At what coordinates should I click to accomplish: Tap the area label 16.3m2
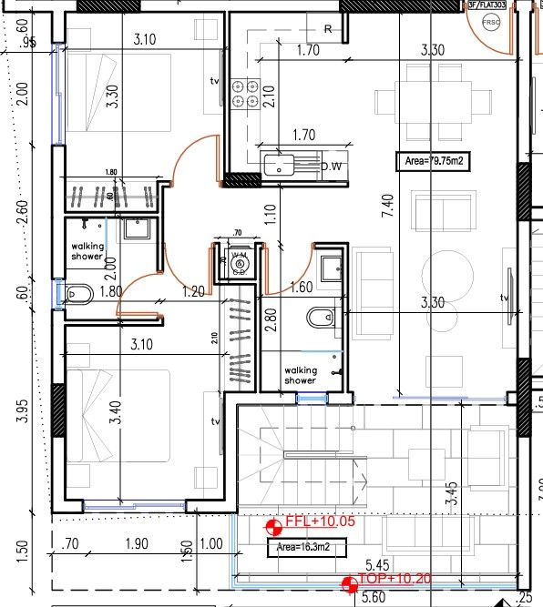pyautogui.click(x=298, y=549)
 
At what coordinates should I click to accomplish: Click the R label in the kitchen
pyautogui.click(x=326, y=29)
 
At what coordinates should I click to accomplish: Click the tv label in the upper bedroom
pyautogui.click(x=215, y=82)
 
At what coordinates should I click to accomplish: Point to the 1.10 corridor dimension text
pyautogui.click(x=270, y=215)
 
